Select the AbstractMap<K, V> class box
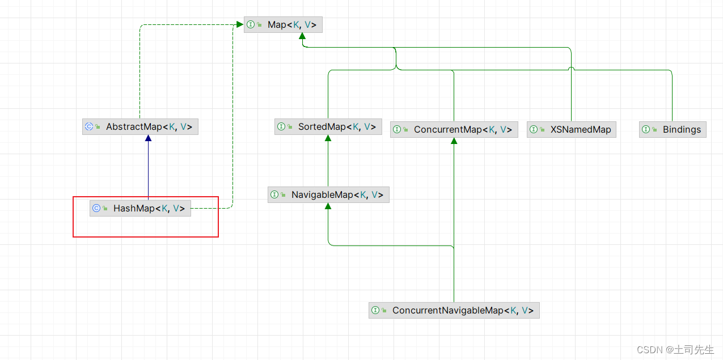coord(140,126)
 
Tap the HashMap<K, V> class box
coord(140,208)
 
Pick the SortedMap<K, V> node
coord(328,126)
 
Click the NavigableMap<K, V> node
coord(328,194)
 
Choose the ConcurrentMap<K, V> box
coord(454,129)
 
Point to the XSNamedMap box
coord(571,129)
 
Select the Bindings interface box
coord(673,129)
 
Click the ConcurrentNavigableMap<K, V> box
coord(454,310)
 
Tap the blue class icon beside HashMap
coord(96,208)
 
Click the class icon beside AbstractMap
coord(89,126)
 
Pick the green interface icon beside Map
coord(251,24)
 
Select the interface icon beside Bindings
coord(646,129)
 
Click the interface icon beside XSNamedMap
coord(534,129)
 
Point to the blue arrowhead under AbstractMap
coord(148,138)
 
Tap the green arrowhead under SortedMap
coord(328,138)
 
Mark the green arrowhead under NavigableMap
coord(328,206)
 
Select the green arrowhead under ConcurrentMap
coord(454,141)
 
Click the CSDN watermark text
coord(675,349)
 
